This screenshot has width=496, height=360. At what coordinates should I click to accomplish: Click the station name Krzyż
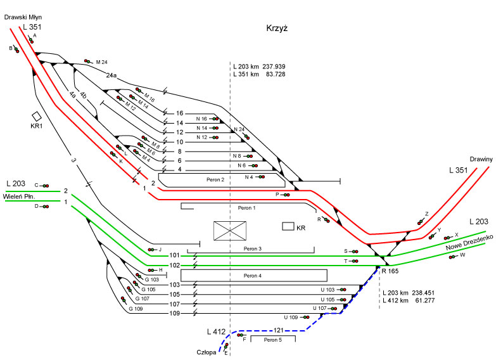click(x=277, y=29)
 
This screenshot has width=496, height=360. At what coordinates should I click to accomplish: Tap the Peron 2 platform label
click(x=216, y=180)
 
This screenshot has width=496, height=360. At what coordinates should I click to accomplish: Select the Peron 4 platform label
click(x=252, y=276)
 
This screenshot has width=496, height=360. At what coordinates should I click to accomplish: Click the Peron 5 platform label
click(x=272, y=340)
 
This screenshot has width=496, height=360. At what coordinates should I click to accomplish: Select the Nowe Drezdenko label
click(x=469, y=241)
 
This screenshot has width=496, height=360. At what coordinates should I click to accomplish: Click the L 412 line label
click(x=217, y=331)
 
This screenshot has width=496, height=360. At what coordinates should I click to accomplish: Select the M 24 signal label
click(x=102, y=62)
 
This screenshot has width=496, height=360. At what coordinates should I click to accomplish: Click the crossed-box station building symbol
click(x=230, y=230)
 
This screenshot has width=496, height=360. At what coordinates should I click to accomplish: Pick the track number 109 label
click(x=174, y=313)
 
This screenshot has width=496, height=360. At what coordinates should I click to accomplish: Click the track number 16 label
click(x=179, y=113)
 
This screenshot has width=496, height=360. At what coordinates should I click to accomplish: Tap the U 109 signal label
click(x=290, y=317)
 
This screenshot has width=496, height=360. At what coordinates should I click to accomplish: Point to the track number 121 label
click(x=278, y=330)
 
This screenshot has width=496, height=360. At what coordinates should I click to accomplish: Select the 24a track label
click(x=111, y=75)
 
